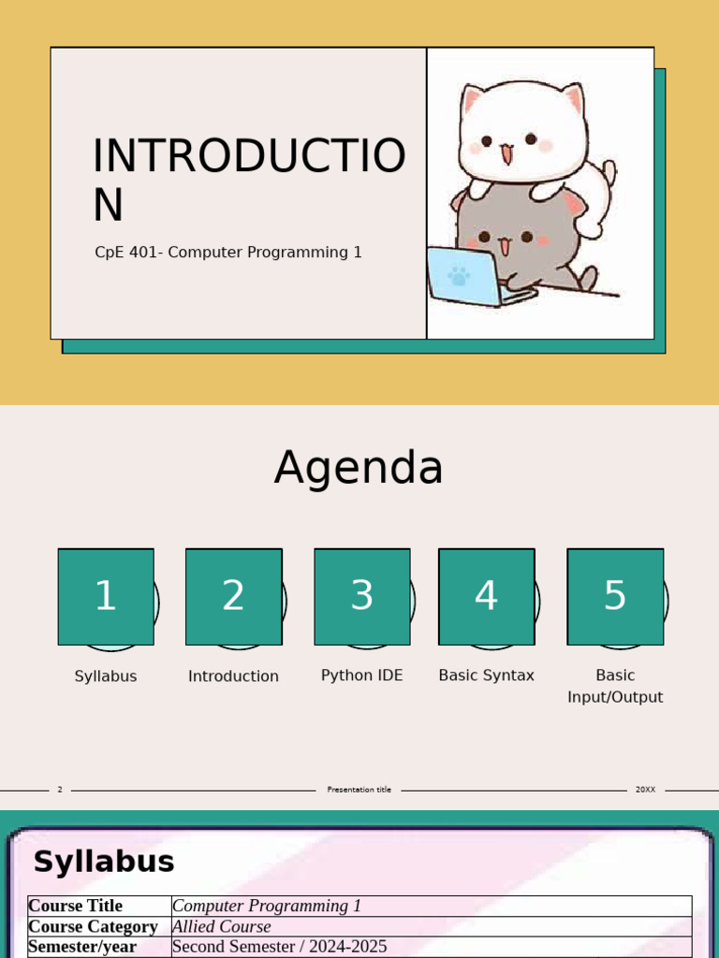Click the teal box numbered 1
coord(106,596)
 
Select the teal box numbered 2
coord(233,596)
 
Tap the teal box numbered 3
coord(361,596)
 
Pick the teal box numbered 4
coord(486,596)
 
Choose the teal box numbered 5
coord(615,596)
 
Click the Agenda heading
coord(359,468)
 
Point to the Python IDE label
coord(361,675)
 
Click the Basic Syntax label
coord(486,675)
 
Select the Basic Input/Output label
coord(615,686)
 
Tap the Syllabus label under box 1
coord(106,676)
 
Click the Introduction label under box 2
coord(233,676)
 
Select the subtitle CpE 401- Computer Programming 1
coord(228,253)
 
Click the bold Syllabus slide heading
coord(104,862)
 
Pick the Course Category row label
coord(93,926)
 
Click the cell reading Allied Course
coord(222,926)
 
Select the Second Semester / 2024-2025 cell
coord(279,947)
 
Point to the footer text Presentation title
coord(359,790)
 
